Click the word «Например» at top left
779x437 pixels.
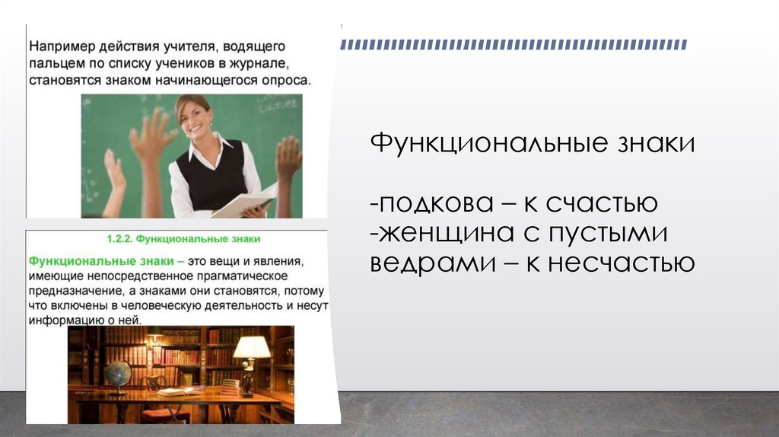pos(59,46)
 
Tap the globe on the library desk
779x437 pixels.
pos(118,374)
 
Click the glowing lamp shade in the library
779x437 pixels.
pos(252,347)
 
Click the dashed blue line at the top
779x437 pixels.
pos(514,44)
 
